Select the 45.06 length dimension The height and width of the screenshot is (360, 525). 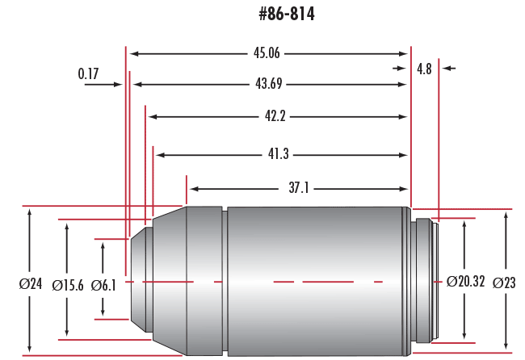point(267,54)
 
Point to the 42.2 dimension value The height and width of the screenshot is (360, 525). point(275,116)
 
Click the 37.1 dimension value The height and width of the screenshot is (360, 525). point(298,188)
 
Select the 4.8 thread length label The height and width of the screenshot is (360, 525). point(424,69)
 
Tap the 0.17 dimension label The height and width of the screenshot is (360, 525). point(89,74)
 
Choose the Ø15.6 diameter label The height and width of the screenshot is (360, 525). point(67,284)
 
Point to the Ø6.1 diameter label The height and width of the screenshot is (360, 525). point(104,284)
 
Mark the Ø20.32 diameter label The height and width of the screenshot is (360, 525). point(465,282)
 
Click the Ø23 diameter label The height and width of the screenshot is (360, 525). point(505,283)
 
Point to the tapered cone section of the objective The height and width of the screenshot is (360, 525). point(170,279)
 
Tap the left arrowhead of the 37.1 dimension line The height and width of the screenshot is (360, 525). point(193,188)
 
